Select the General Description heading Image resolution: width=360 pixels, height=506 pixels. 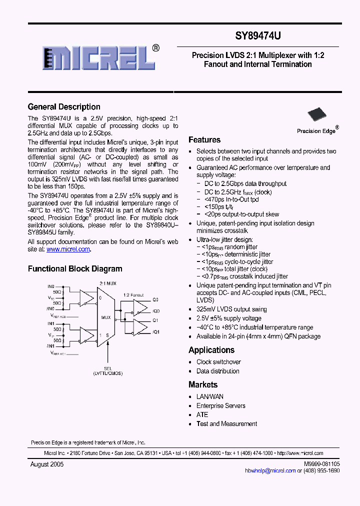click(x=64, y=106)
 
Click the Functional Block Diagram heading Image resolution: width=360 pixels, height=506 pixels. click(x=75, y=268)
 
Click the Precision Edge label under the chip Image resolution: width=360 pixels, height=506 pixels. click(x=316, y=131)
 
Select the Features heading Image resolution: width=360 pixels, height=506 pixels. click(x=204, y=140)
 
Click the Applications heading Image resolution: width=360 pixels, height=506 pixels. click(x=211, y=350)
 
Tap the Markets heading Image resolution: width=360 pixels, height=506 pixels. click(x=203, y=384)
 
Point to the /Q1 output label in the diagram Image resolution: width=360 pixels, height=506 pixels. click(x=155, y=332)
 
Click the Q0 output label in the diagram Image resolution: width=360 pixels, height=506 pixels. click(x=155, y=299)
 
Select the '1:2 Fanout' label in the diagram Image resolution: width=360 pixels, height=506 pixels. click(x=133, y=295)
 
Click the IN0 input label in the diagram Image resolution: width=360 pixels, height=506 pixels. click(x=51, y=285)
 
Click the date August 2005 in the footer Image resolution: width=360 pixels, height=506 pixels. click(x=47, y=464)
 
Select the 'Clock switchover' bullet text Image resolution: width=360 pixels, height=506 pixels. click(x=218, y=362)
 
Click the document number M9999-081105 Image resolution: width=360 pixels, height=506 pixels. click(x=321, y=464)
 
